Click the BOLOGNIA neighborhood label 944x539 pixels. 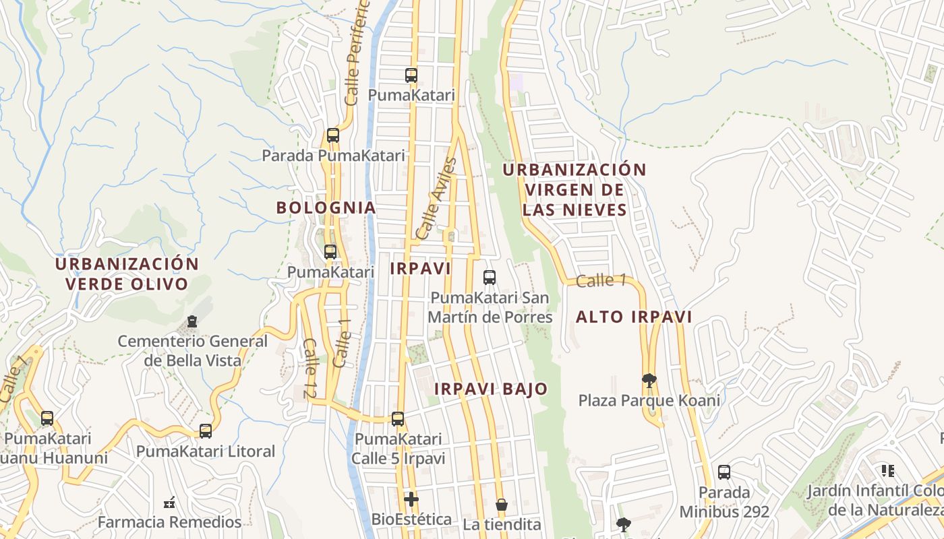coord(326,208)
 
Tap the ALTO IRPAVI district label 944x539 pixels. coord(634,317)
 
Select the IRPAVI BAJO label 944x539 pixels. coord(491,389)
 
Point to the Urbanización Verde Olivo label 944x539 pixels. coord(127,274)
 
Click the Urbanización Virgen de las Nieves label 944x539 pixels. coord(574,189)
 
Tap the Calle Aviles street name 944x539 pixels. coord(437,199)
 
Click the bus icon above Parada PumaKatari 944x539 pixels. coord(332,135)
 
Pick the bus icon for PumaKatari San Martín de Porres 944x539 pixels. coord(490,277)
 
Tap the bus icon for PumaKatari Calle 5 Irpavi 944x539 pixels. coord(398,419)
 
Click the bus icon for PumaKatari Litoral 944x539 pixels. coord(206,431)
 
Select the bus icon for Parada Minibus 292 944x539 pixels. coord(724,472)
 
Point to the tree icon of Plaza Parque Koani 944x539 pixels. coord(649,381)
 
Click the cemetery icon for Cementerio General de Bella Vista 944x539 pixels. coord(192,321)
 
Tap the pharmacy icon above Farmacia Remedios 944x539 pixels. coord(169,502)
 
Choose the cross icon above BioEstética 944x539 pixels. coord(411,499)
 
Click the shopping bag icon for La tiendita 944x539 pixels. coord(502,505)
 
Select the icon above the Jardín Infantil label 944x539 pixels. coord(887,470)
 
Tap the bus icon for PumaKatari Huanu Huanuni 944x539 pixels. coord(47,418)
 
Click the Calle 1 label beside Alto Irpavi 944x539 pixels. coord(596,281)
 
